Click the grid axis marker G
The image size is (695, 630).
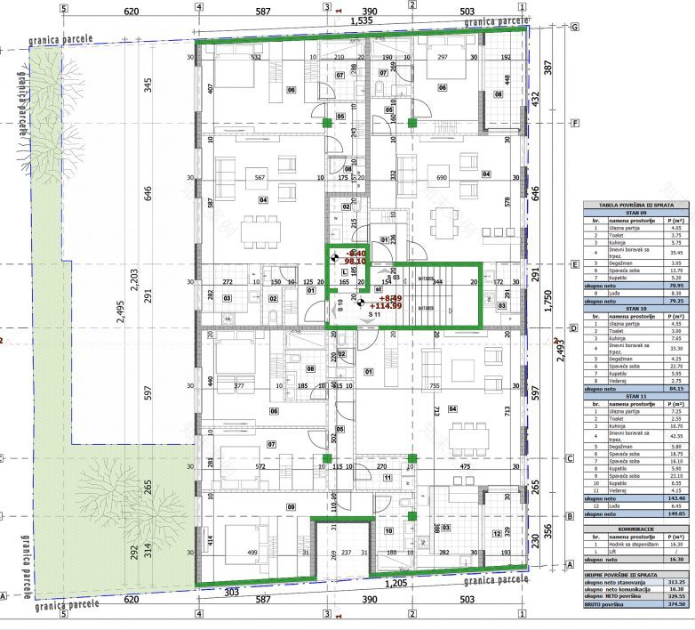[575, 27]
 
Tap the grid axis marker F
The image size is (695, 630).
[575, 124]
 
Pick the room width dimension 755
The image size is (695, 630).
[435, 386]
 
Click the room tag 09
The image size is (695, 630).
[266, 506]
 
